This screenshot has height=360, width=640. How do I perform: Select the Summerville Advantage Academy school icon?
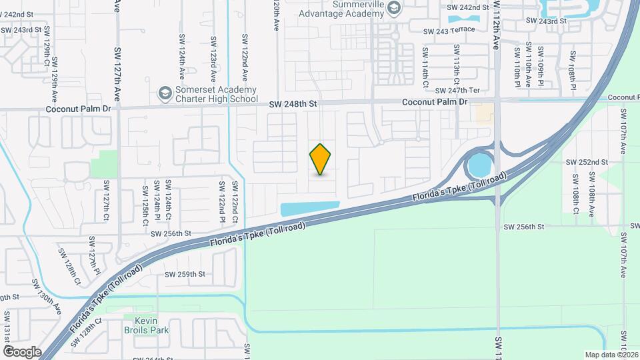(394, 8)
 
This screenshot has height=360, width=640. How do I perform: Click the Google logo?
(22, 351)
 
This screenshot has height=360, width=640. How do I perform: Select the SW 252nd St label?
(586, 162)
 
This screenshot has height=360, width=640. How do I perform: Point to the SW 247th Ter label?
(457, 90)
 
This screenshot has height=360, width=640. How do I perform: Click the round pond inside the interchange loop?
(479, 164)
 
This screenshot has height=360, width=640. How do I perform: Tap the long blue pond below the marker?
(309, 208)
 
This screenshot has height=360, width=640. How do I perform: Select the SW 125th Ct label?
(145, 205)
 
